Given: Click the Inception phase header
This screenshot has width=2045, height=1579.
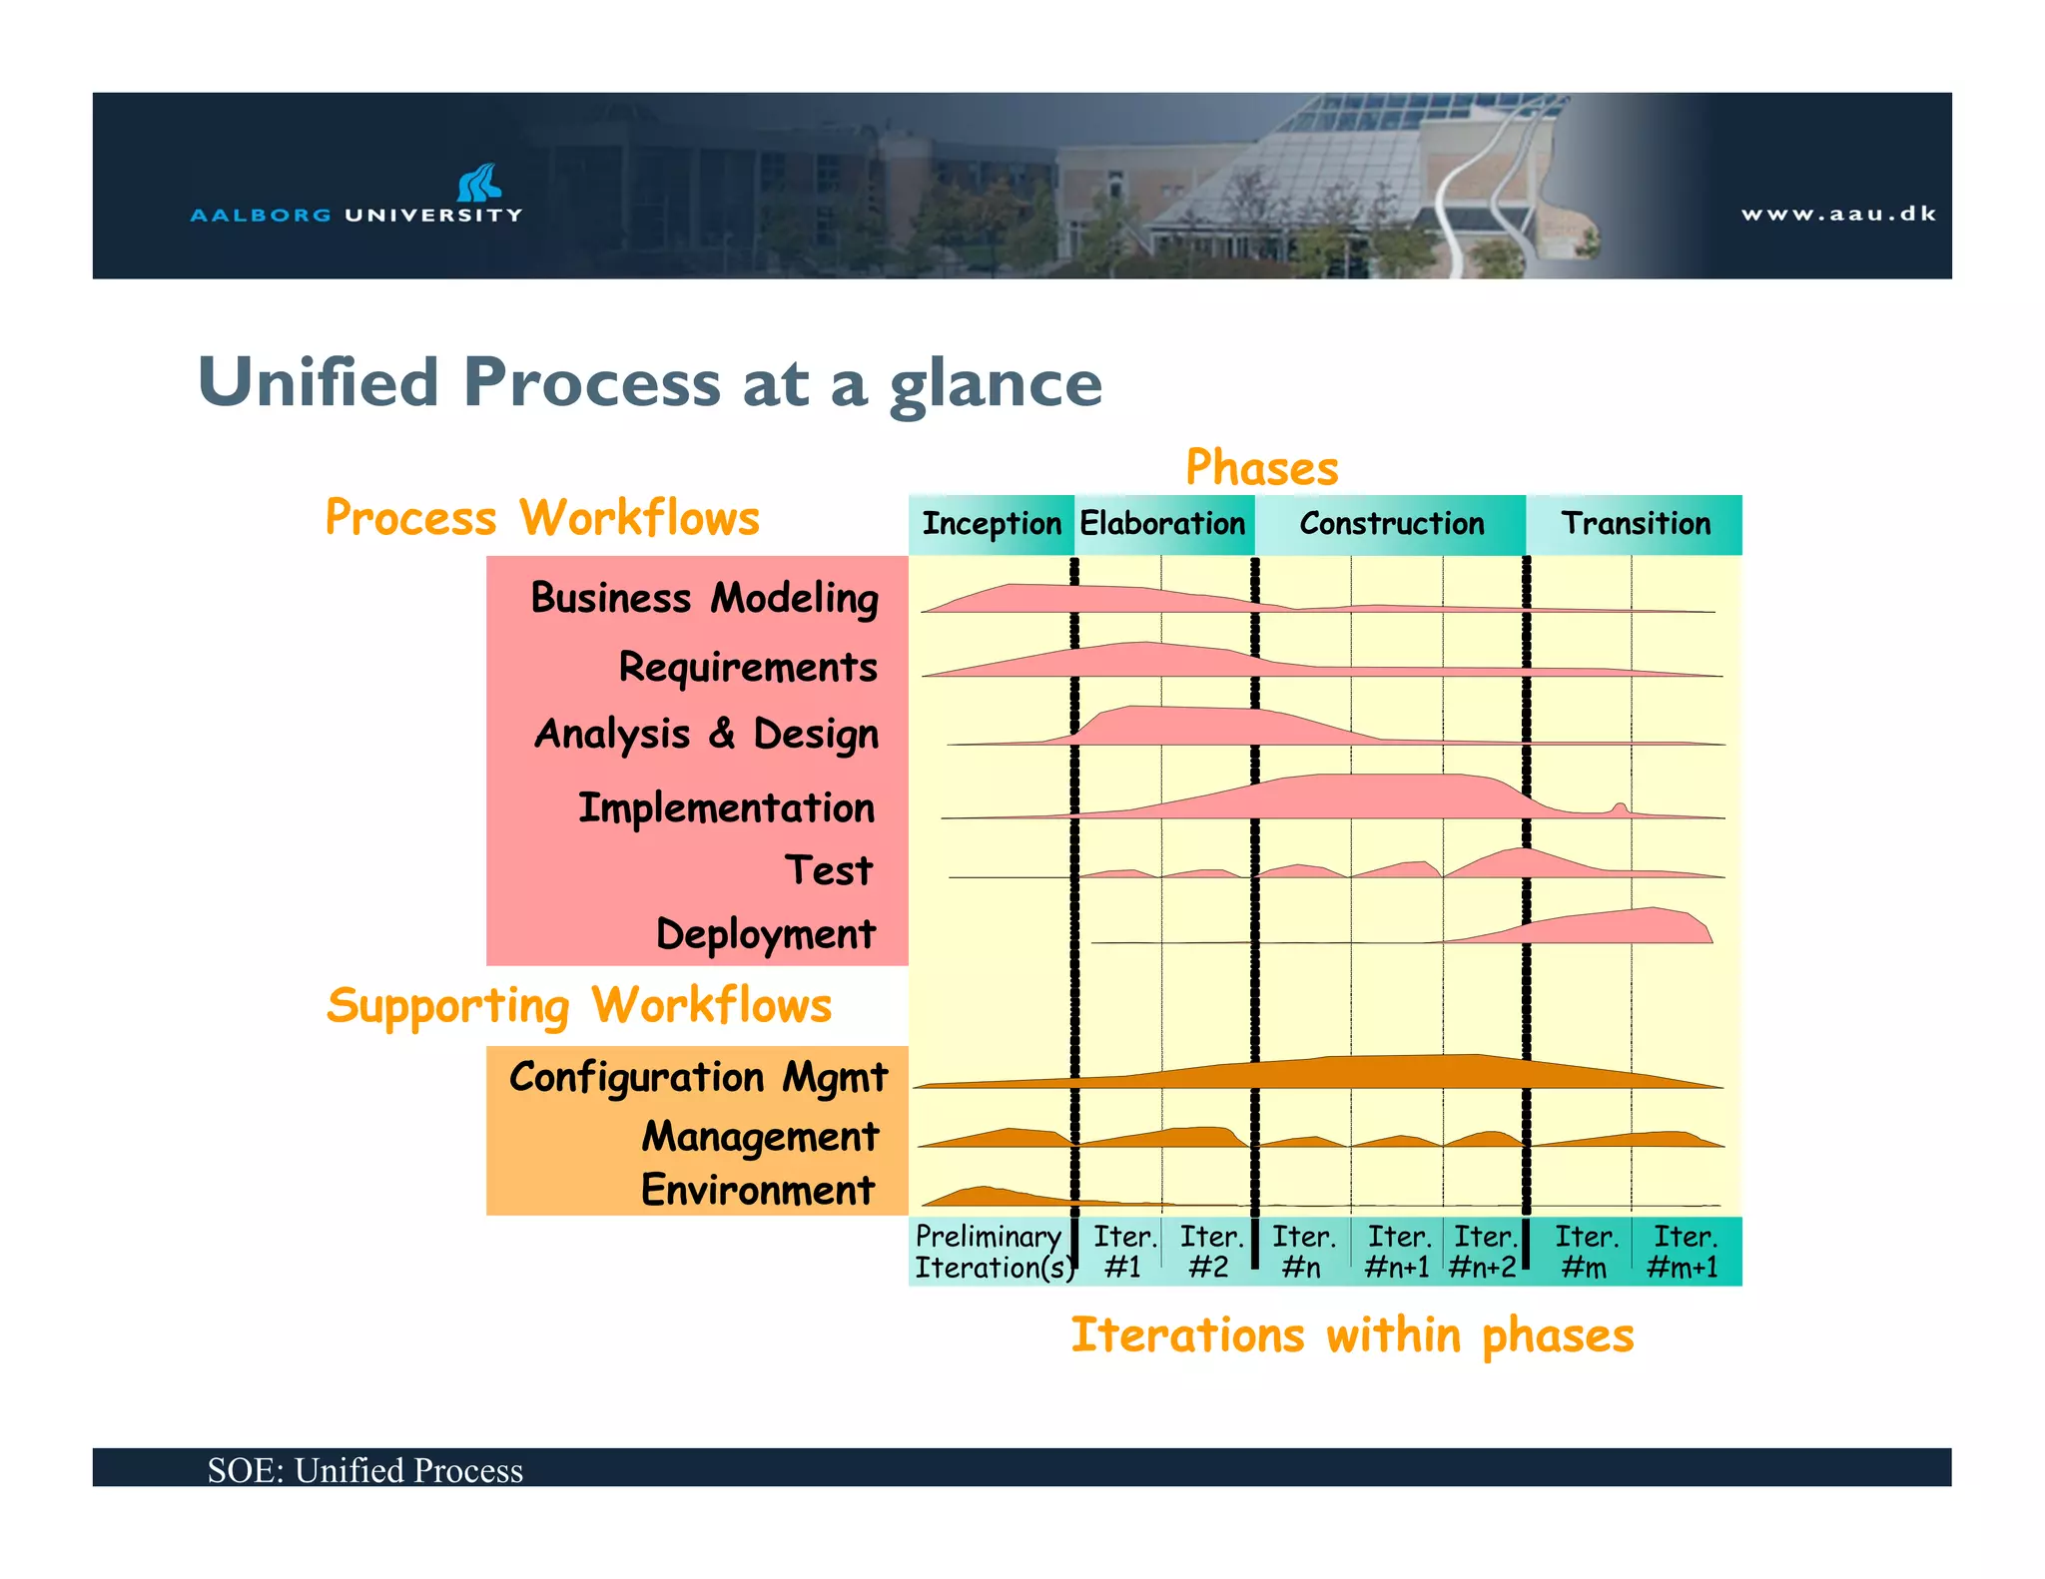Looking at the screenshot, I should pos(991,524).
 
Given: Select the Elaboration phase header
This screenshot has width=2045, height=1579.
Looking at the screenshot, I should pos(1162,524).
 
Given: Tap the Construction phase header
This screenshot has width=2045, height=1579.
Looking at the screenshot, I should pos(1391,524).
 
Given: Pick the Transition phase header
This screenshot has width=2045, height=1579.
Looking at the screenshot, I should pos(1636,524).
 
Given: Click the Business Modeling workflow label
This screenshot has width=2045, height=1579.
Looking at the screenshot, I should pos(704,599).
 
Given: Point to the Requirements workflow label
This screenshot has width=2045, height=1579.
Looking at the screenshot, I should pos(748,667).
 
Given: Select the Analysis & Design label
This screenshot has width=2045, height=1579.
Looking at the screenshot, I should pos(707,735).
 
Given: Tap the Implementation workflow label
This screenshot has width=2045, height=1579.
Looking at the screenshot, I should pos(726,807).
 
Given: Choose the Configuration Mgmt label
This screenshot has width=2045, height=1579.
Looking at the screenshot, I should pos(698,1078).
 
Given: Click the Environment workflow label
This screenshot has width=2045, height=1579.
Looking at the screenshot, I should pos(758,1191).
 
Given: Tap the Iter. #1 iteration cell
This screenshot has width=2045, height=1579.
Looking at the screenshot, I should pos(1122,1252).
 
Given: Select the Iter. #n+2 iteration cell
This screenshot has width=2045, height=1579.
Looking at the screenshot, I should pos(1484,1252).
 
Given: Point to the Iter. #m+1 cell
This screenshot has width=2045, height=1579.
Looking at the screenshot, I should pos(1684,1252).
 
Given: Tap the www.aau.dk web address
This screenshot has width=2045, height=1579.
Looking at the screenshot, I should pos(1838,214).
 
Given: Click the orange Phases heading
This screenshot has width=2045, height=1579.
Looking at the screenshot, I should pos(1261,468).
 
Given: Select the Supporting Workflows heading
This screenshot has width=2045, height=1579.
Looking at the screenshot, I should pos(579,1005).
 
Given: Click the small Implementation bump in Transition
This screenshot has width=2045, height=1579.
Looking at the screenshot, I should pos(1620,808).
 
